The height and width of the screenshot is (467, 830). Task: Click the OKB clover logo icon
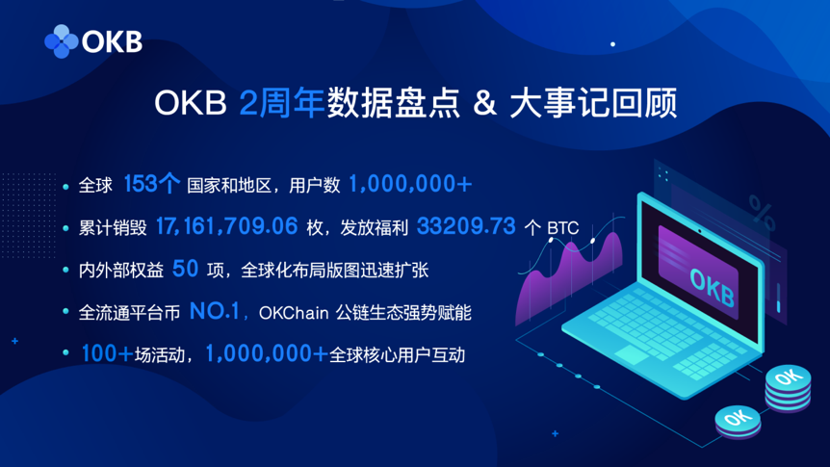click(x=62, y=41)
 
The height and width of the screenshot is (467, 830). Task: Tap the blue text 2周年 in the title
click(x=281, y=102)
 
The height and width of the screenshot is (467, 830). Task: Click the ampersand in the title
click(x=485, y=103)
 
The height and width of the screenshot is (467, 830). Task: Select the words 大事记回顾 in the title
click(x=593, y=103)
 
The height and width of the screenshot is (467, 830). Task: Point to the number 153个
click(x=152, y=184)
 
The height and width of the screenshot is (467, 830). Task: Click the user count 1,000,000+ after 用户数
click(x=410, y=184)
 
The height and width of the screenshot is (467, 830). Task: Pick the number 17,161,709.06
click(x=226, y=226)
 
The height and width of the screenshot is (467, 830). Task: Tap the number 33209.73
click(x=466, y=226)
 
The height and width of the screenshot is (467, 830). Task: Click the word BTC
click(x=562, y=228)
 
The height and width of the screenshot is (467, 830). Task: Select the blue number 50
click(x=185, y=269)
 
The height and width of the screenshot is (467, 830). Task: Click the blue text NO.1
click(x=215, y=311)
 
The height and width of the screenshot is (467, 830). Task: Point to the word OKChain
click(x=294, y=313)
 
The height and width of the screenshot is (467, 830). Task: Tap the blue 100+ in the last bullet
click(x=108, y=353)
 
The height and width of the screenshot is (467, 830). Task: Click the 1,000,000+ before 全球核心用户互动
click(x=267, y=353)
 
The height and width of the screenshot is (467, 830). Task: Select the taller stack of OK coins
click(x=789, y=388)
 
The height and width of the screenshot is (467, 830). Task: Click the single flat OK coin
click(x=738, y=422)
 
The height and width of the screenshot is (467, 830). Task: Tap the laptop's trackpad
click(x=632, y=354)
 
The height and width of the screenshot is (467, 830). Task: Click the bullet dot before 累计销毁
click(x=65, y=228)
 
